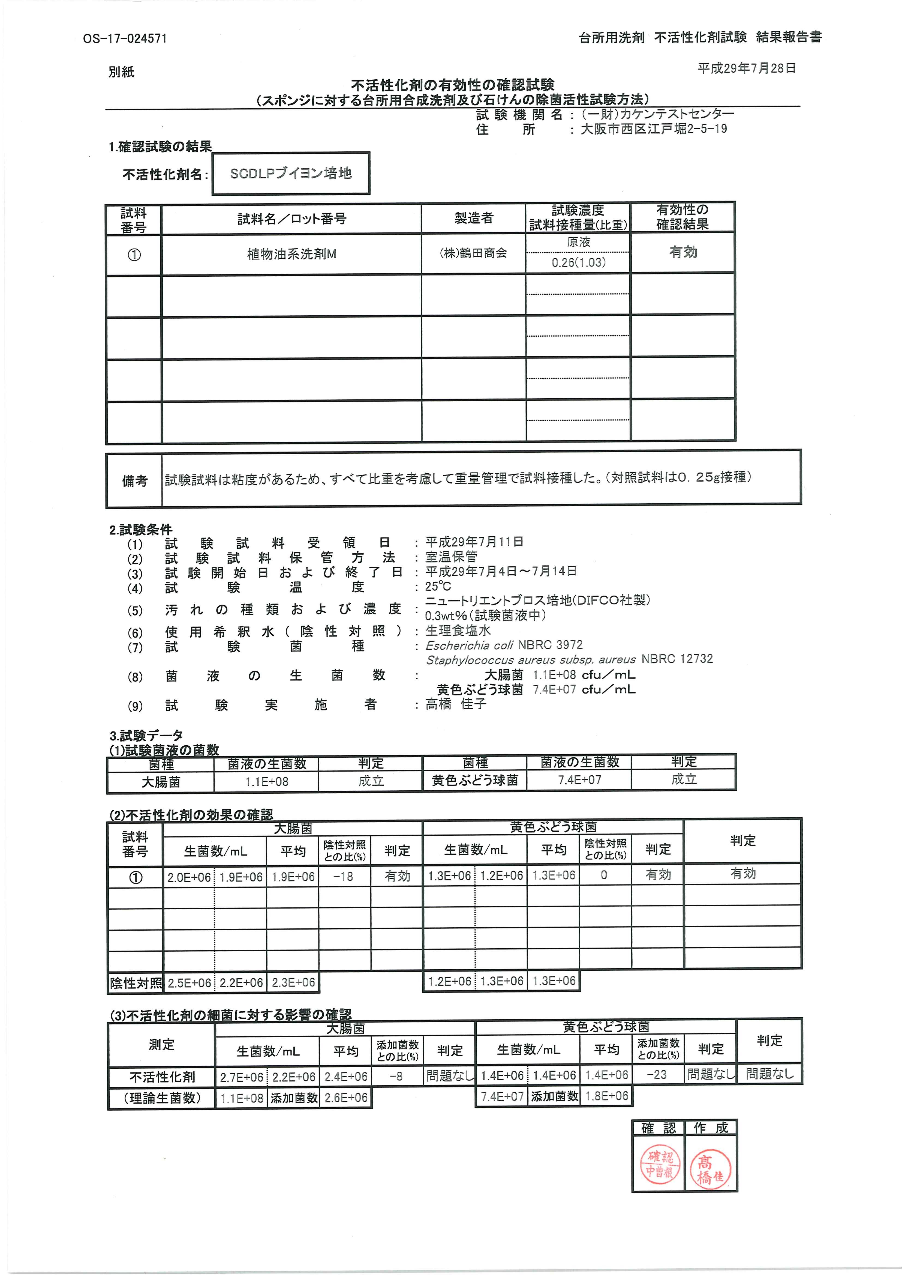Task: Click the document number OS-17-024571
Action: coord(125,38)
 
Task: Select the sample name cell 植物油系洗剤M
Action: coord(291,254)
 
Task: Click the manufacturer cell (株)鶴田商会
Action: coord(473,253)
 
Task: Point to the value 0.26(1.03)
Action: coord(578,262)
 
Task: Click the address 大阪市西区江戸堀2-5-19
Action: coord(654,129)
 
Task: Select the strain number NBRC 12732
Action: coord(677,659)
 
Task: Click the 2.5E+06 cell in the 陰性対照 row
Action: coord(190,982)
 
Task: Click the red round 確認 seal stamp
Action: coord(659,1165)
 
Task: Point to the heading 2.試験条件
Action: coord(140,530)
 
